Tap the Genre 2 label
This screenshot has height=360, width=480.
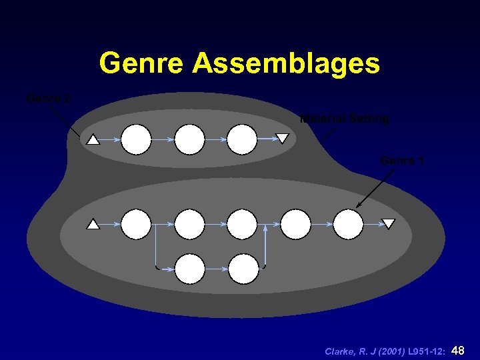tap(48, 99)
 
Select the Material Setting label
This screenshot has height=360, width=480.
tap(345, 119)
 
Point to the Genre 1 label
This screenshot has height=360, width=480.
tap(402, 161)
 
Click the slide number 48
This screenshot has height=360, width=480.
tap(458, 350)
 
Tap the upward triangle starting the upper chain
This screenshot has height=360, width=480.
tap(93, 140)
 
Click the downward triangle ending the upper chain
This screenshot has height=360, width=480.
tap(283, 139)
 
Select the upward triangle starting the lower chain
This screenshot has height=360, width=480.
tap(93, 225)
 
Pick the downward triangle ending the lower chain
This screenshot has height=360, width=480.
tap(388, 224)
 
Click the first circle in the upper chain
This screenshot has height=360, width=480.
tap(137, 139)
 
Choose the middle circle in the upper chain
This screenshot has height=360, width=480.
tap(189, 139)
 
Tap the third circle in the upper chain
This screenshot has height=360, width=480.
tap(241, 139)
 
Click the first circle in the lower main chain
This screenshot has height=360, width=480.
tap(137, 224)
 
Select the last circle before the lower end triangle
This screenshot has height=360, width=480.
tap(348, 224)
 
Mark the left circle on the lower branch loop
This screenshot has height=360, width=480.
tap(189, 269)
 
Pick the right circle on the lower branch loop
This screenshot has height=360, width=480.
tap(243, 269)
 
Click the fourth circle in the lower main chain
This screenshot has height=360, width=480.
tap(295, 224)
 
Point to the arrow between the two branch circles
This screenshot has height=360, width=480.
tap(216, 269)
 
